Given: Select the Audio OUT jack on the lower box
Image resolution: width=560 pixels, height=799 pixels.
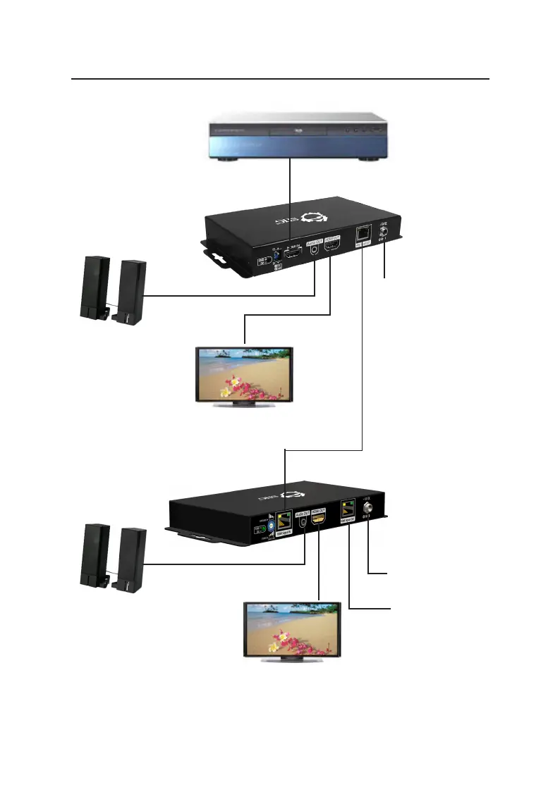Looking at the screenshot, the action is pos(303,523).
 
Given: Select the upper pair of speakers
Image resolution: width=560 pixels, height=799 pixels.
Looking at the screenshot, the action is pos(114,291).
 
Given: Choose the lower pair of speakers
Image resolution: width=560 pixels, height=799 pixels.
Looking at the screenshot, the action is pos(114,557).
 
